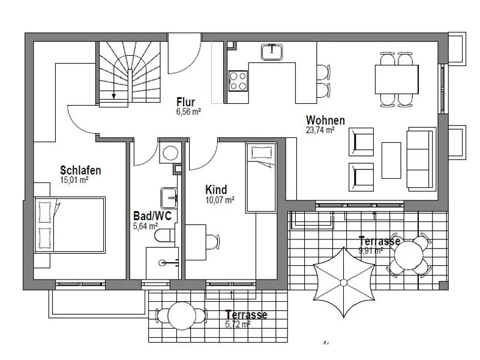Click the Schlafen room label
tap(80, 170)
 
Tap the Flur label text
tap(185, 101)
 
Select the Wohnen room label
tap(325, 119)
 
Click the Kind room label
tap(215, 190)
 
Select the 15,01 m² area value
tap(74, 179)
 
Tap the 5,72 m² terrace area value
tap(237, 323)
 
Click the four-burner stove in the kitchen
tap(238, 80)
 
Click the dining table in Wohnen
tap(397, 77)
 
